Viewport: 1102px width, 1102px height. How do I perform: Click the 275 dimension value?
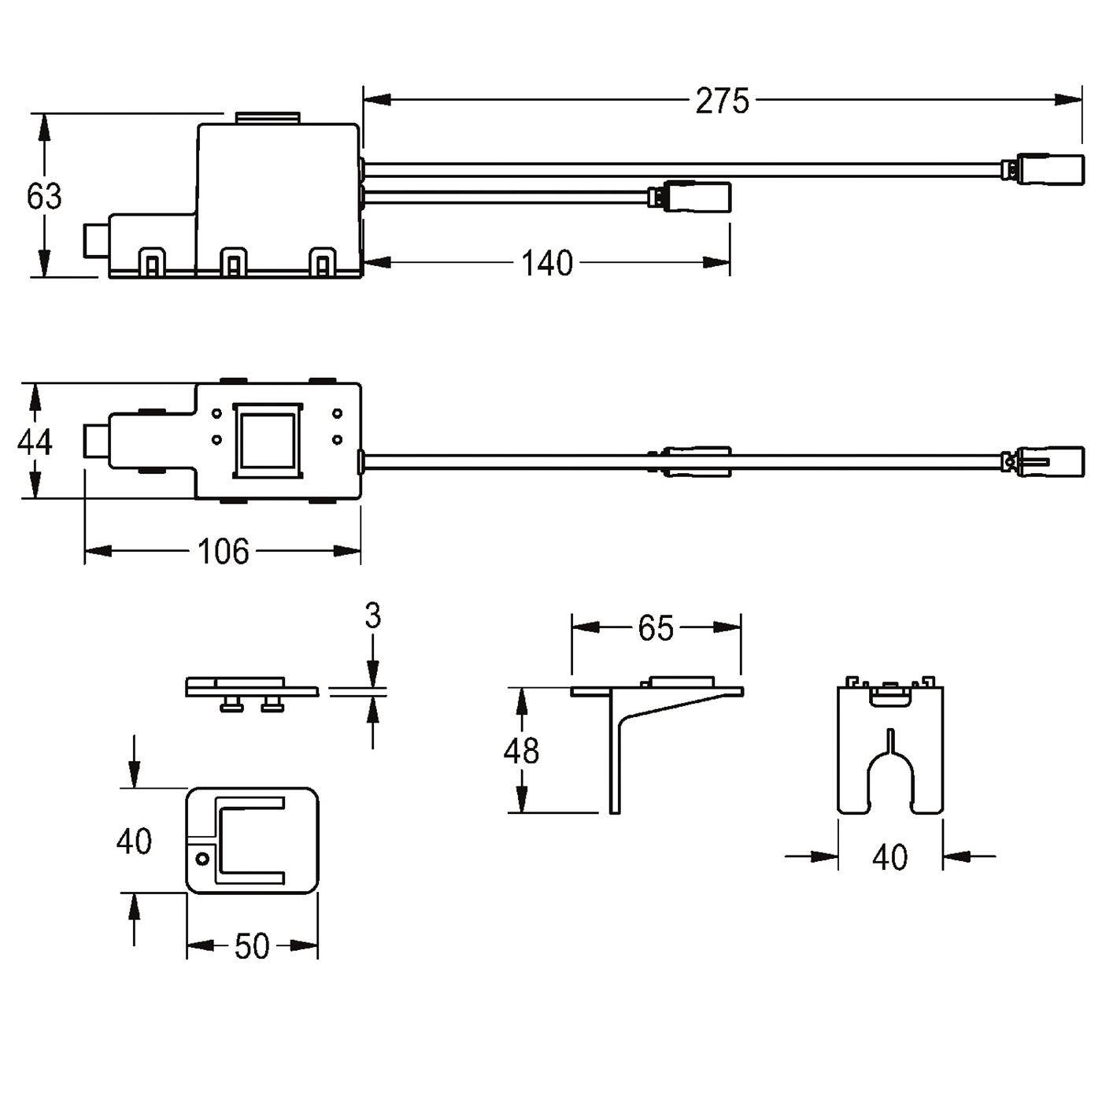coord(722,102)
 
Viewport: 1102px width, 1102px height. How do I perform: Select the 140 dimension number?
coord(547,263)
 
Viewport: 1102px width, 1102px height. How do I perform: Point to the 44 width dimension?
coord(35,442)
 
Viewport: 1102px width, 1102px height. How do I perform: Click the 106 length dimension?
coord(223,551)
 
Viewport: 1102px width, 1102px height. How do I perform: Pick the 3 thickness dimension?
coord(373,616)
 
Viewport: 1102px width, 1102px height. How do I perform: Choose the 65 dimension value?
coord(656,628)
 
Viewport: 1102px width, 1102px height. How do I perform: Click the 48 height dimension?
coord(521,751)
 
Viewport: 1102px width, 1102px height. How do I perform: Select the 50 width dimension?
coord(252,946)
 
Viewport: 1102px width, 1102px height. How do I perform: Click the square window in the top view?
coord(268,441)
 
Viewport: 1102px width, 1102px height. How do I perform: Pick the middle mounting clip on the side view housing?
coord(233,262)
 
